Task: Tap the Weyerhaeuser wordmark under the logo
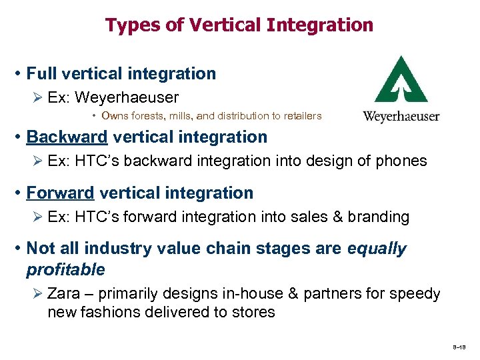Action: [x=401, y=117]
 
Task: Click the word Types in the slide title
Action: [x=127, y=25]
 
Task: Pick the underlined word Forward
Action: [x=60, y=193]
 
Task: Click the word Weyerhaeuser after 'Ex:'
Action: [x=127, y=98]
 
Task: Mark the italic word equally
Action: [x=377, y=249]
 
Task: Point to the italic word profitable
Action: [x=65, y=270]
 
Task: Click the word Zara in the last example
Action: [x=63, y=294]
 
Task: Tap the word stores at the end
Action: [x=255, y=313]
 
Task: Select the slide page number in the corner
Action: [x=460, y=347]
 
